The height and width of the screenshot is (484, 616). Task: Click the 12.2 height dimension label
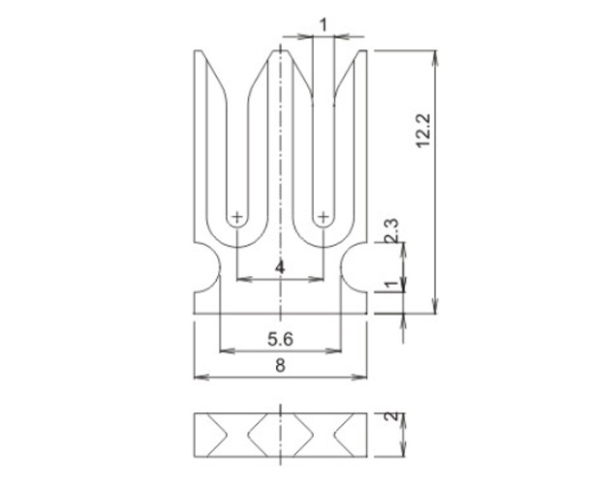[423, 131]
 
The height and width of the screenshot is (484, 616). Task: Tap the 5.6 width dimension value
[280, 339]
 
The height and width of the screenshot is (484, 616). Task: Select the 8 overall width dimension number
[280, 366]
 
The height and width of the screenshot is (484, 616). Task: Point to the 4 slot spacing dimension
[280, 268]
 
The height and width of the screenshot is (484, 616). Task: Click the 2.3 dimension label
[391, 230]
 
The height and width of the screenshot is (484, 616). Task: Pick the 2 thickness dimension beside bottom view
[391, 416]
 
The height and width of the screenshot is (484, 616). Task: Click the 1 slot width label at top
[323, 25]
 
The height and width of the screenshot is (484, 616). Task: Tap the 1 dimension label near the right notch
[391, 285]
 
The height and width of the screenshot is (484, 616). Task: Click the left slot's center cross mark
[237, 217]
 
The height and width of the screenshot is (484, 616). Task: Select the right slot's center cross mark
[323, 217]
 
